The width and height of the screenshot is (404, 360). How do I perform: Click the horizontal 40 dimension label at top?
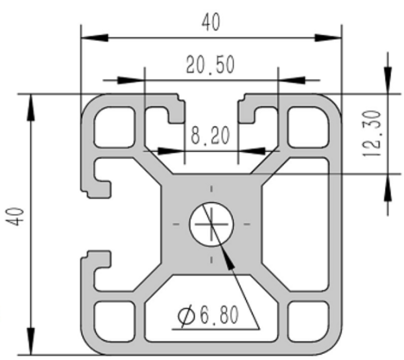click(x=211, y=22)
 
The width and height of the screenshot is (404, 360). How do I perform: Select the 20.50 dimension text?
click(x=210, y=65)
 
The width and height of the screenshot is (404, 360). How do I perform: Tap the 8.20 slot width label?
click(x=210, y=136)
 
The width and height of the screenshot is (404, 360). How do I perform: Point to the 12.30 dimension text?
click(x=372, y=133)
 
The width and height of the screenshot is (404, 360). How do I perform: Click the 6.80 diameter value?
click(x=220, y=315)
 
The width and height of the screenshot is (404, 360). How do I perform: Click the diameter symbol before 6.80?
click(x=187, y=316)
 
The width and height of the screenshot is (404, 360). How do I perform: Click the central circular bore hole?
click(x=211, y=224)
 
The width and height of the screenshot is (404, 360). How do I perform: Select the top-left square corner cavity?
click(x=114, y=127)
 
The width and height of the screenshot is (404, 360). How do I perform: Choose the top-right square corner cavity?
click(x=308, y=127)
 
